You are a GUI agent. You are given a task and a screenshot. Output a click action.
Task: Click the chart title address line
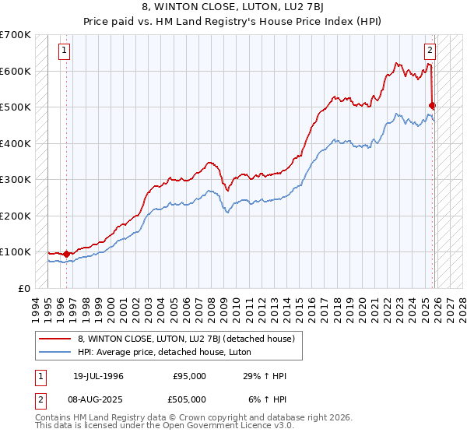pos(233,8)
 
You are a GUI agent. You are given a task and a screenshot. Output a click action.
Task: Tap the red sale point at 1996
pos(66,253)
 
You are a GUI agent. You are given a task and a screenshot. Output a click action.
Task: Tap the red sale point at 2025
pos(433,105)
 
